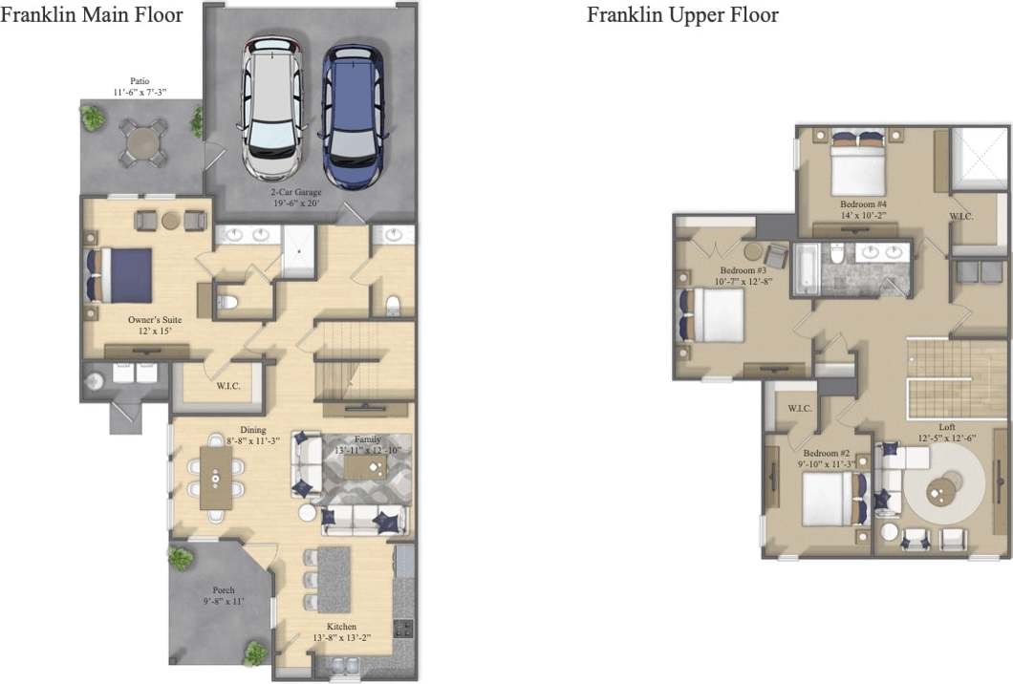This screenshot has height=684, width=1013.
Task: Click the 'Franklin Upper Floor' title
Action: click(682, 14)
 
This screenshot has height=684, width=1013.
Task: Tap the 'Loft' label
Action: click(946, 427)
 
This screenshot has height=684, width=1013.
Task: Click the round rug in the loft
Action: click(945, 490)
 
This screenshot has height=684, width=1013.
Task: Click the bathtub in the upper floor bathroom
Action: click(806, 269)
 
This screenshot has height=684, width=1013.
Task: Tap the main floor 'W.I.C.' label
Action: click(226, 386)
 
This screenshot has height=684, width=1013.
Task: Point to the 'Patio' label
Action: click(140, 81)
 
